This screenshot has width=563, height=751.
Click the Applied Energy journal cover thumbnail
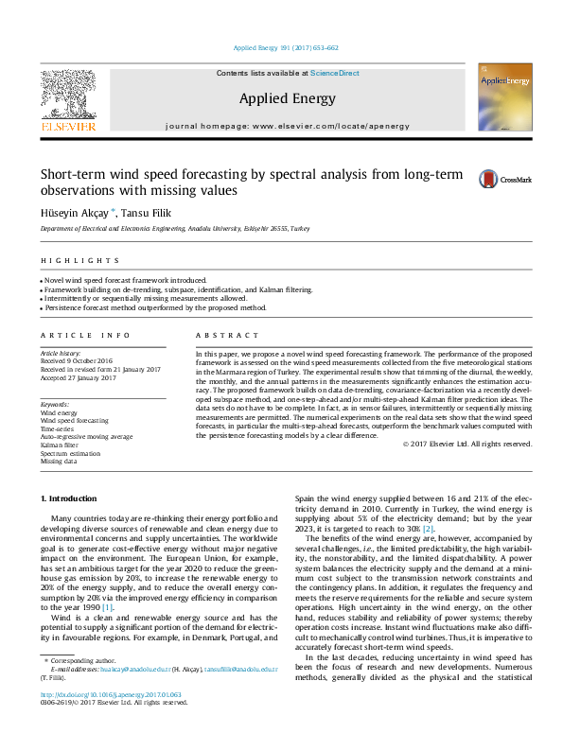pos(503,100)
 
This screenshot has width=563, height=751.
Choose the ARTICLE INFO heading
pos(86,336)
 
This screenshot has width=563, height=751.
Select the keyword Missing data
pos(59,461)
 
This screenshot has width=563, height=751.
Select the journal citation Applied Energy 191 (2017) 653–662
pos(286,47)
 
